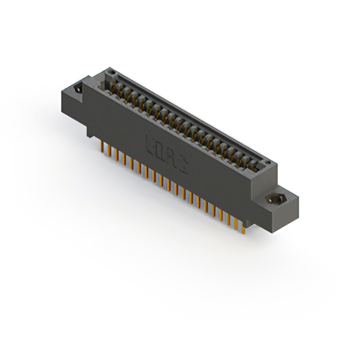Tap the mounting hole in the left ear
coord(78,88)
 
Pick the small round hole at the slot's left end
coord(111,73)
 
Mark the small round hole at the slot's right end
coord(268,163)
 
